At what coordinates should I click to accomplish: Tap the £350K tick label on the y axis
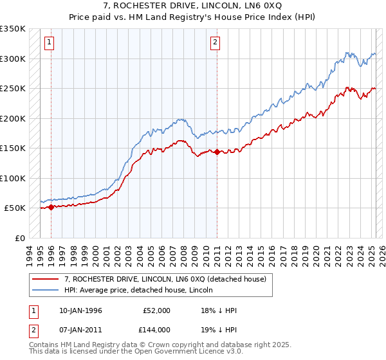(x=13, y=29)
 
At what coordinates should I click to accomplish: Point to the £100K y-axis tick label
(x=13, y=178)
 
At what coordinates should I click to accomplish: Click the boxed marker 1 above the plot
(x=50, y=43)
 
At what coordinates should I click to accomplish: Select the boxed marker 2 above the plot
(x=215, y=43)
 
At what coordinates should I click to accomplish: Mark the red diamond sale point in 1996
(x=51, y=207)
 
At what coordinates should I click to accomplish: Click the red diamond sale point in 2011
(x=217, y=152)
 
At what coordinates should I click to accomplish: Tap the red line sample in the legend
(x=46, y=278)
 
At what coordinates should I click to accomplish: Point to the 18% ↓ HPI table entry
(x=219, y=310)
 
